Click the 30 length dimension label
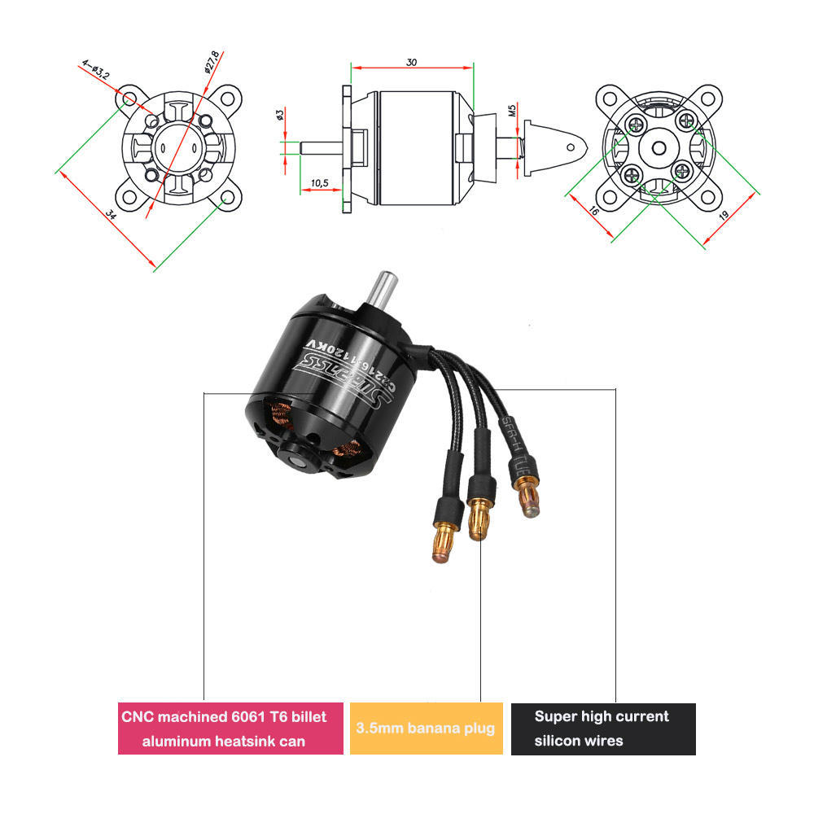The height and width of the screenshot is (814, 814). tap(411, 62)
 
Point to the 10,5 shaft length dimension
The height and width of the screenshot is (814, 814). tap(320, 183)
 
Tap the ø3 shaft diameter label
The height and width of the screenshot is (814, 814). tap(280, 116)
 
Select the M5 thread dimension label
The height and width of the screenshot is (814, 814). tap(512, 108)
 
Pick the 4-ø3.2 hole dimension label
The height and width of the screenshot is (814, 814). tap(95, 68)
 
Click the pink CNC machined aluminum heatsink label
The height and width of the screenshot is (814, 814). tap(230, 729)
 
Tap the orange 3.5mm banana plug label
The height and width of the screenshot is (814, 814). tap(426, 729)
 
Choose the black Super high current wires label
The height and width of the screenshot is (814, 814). tap(602, 729)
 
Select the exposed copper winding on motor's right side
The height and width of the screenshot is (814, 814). tap(354, 449)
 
